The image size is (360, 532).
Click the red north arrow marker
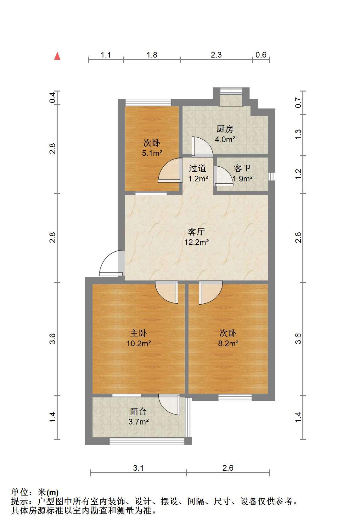57,56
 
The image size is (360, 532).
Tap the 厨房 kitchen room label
225,129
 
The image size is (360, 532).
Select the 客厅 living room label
196,232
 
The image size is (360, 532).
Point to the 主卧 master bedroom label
138,333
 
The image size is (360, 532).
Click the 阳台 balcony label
138,411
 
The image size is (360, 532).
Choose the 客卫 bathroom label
242,169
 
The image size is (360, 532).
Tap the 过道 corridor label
198,169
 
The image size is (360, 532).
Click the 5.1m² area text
152,153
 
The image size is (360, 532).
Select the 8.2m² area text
228,343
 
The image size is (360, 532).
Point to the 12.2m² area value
197,242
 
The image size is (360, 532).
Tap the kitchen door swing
202,147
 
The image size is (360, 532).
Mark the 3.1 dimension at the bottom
138,468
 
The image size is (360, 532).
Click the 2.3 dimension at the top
216,55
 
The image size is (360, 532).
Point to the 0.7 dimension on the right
298,103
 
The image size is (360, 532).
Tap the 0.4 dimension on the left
53,97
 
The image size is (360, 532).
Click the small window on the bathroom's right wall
272,176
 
